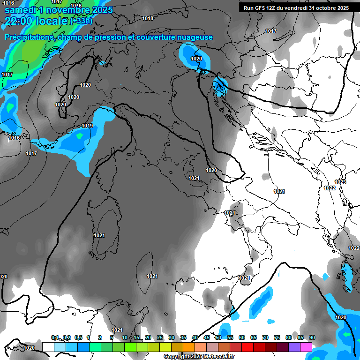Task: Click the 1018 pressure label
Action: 147,18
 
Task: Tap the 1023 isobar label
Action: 340,182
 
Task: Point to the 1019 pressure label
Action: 87,126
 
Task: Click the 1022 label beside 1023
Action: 330,188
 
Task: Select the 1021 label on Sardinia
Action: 99,235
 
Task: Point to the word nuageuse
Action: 193,37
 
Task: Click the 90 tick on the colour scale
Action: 312,337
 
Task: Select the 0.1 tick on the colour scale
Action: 55,337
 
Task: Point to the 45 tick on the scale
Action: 207,337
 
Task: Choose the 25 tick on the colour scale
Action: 160,337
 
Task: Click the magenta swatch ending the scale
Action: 306,347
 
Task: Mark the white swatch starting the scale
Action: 48,347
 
